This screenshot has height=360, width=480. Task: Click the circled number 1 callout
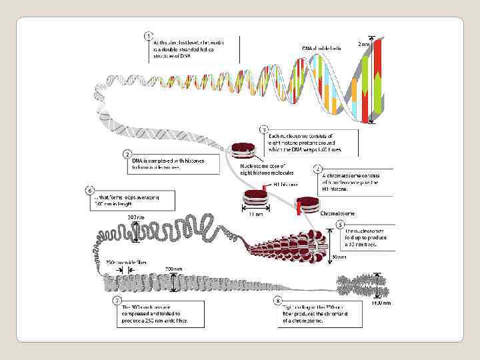point(148,35)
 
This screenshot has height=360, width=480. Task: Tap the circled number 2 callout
point(127,154)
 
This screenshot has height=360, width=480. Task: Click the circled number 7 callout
point(118,300)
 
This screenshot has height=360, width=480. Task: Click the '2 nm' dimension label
point(366,44)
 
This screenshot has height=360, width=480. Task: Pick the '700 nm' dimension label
point(173,269)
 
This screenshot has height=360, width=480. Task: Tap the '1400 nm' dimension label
point(381,303)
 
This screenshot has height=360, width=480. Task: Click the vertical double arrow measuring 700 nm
point(173,283)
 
